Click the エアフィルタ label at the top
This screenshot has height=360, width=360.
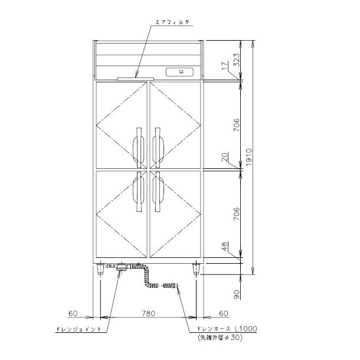click(x=172, y=22)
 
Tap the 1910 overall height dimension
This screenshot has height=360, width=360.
click(x=248, y=157)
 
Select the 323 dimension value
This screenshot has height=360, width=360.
click(x=237, y=60)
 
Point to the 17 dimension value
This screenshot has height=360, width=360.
click(x=225, y=66)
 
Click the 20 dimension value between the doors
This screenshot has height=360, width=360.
click(x=225, y=156)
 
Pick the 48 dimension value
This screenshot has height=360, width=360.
click(x=225, y=246)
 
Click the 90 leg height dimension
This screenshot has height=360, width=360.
click(x=237, y=294)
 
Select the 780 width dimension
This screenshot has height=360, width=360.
click(x=148, y=313)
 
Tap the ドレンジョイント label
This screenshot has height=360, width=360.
click(x=78, y=329)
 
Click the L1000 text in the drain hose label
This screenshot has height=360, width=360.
click(x=246, y=329)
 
